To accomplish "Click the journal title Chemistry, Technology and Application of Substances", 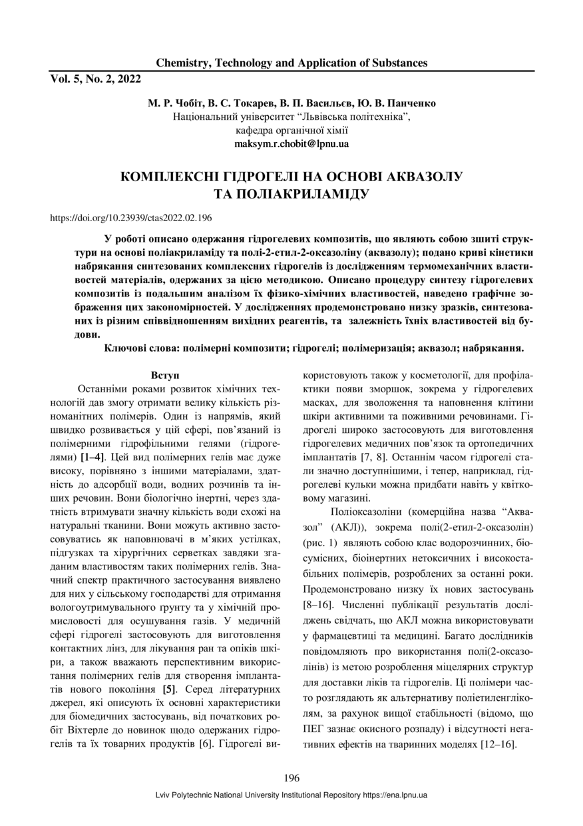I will point(291,63).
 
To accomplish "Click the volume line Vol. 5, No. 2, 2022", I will point(96,79).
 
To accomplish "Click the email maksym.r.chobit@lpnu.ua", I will point(291,143).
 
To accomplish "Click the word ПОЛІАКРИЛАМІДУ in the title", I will point(291,194).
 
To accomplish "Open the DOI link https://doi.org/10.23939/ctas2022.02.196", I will point(131,217).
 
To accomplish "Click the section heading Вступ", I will point(164,376).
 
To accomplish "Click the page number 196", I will point(291,778).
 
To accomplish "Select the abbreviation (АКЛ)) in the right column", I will point(353,527).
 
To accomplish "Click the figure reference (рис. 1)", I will point(320,542).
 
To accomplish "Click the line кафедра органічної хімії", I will point(291,130).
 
